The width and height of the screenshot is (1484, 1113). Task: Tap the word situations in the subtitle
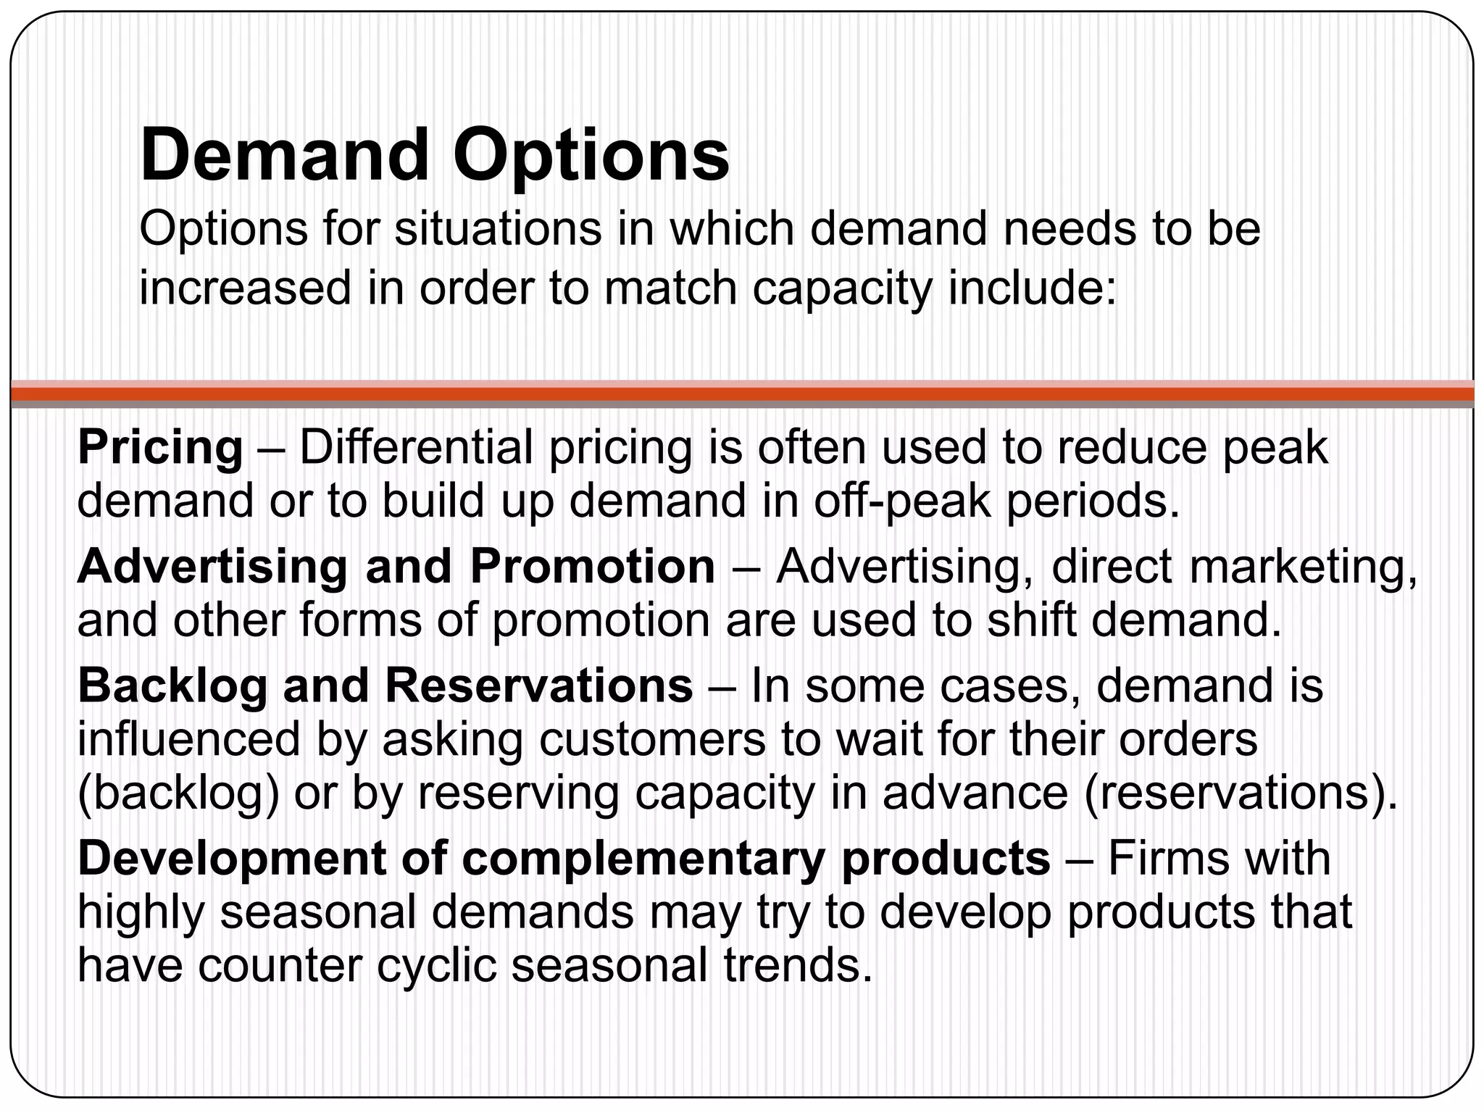coord(497,229)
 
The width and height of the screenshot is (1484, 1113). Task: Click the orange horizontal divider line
coord(742,393)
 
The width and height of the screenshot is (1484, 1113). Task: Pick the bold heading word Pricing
coord(160,448)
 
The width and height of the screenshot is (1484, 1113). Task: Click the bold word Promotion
coord(593,567)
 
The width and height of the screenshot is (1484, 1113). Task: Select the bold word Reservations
coord(539,685)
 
